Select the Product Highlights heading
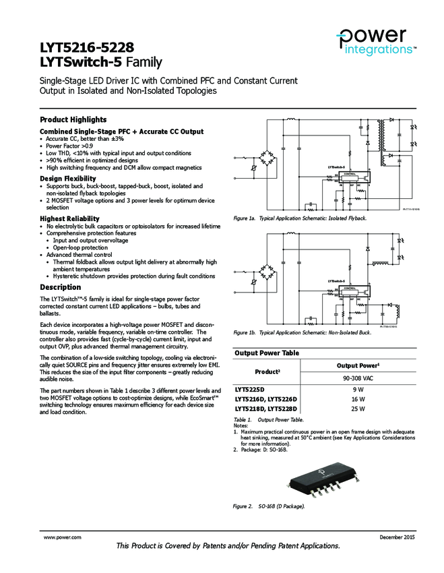[73, 119]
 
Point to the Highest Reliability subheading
[70, 218]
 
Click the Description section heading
[61, 287]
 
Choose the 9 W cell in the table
[358, 390]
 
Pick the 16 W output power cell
[358, 399]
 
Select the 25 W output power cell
[358, 409]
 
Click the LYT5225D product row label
[250, 390]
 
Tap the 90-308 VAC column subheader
[358, 378]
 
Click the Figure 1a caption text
[300, 218]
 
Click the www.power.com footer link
[63, 537]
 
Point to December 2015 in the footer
[393, 537]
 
